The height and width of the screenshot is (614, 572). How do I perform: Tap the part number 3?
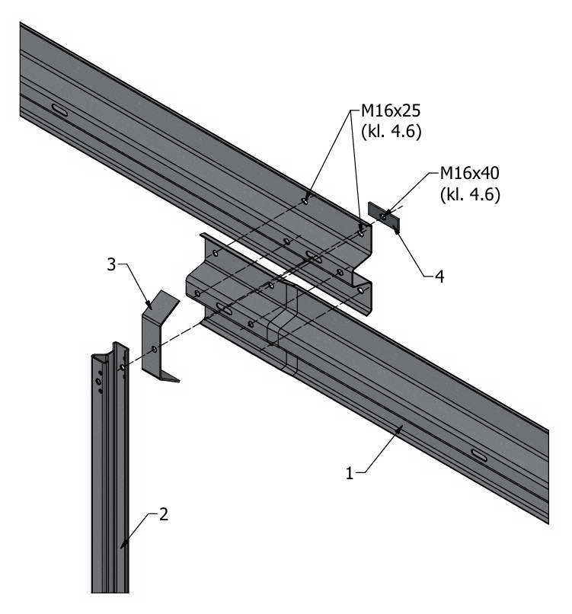[112, 264]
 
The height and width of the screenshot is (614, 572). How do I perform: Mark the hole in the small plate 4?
[383, 216]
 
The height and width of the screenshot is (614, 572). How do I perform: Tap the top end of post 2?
[107, 352]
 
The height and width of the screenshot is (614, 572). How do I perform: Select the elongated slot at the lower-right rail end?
[481, 455]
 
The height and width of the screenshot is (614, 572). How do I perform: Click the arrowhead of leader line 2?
[122, 547]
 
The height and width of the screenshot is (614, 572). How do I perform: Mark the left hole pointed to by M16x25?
[305, 200]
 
